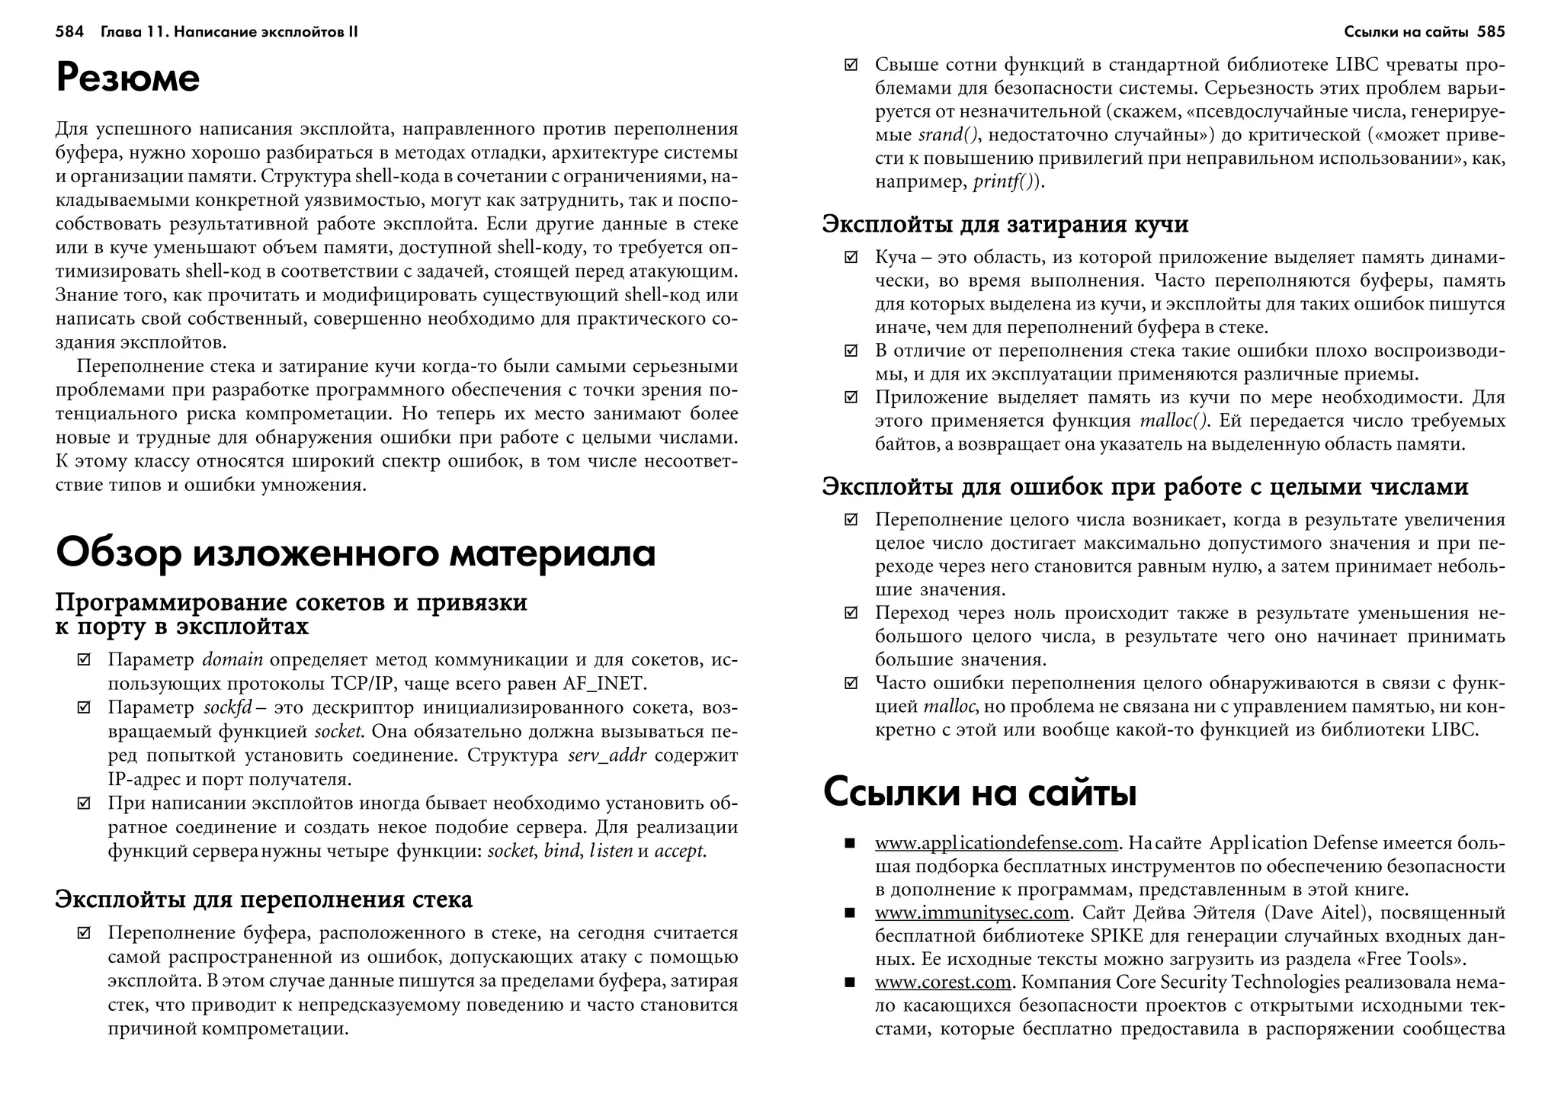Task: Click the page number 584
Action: tap(69, 32)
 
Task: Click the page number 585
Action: tap(1491, 32)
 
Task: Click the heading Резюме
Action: tap(127, 79)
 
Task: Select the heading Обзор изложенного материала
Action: tap(355, 553)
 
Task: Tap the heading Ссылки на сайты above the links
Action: tap(979, 793)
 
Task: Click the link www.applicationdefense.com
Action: tap(996, 843)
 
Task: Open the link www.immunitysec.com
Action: tap(972, 913)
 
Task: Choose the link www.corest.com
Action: tap(942, 983)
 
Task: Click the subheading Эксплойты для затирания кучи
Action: tap(1005, 224)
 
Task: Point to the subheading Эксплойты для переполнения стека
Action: tap(264, 899)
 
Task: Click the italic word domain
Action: tap(232, 660)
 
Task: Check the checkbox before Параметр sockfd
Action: tap(84, 708)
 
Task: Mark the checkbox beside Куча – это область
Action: tap(851, 258)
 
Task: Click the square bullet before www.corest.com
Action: tap(850, 983)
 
